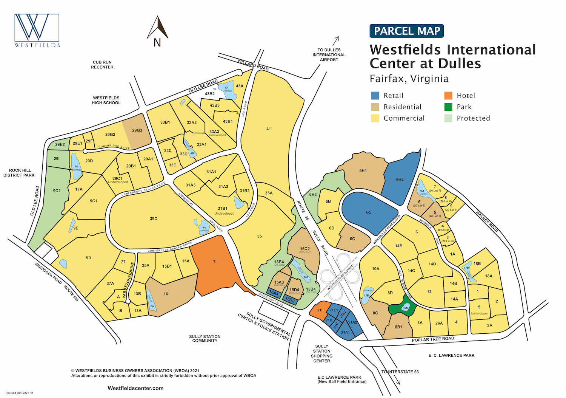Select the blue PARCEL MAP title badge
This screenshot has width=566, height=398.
[x=406, y=31]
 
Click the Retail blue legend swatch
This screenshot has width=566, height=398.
[x=375, y=96]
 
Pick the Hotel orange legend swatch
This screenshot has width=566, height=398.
[x=448, y=96]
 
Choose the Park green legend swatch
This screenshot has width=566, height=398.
[x=448, y=107]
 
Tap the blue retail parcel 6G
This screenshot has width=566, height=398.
[x=369, y=212]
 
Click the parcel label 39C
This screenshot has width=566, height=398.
[x=153, y=219]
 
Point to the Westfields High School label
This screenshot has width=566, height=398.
[x=106, y=100]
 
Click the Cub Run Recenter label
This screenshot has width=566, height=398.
[x=102, y=65]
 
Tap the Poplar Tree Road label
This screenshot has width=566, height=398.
[x=433, y=339]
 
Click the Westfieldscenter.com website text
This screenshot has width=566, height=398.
[x=135, y=388]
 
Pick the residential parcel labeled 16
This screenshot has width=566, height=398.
[x=166, y=294]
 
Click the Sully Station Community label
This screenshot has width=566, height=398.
[x=205, y=338]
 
